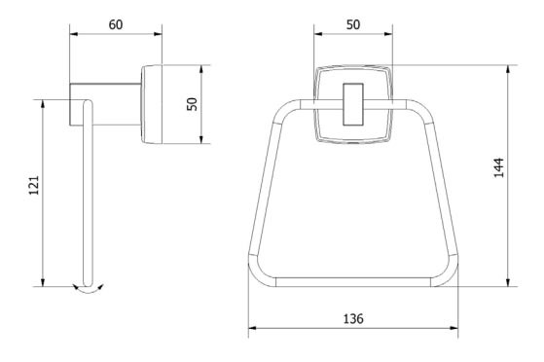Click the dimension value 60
click(116, 24)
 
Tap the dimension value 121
click(34, 185)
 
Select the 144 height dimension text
click(498, 167)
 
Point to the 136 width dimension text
click(353, 318)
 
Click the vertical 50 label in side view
click(192, 104)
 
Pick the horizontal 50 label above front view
click(353, 24)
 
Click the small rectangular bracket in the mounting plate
click(353, 104)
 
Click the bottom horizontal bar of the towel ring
click(353, 282)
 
